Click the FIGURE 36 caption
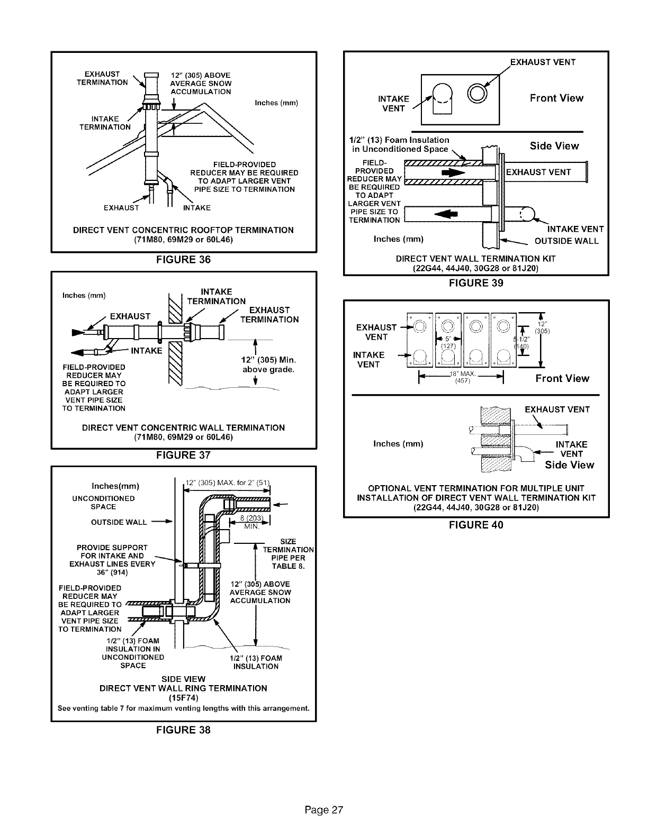pos(183,259)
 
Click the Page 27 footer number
pos(324,810)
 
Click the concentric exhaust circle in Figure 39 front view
pos(477,94)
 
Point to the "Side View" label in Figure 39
pos(554,146)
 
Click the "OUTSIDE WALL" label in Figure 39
pos(566,241)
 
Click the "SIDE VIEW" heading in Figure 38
pos(183,679)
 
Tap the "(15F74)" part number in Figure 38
pos(183,698)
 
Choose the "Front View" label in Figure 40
pos(562,378)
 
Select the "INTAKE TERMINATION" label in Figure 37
pos(209,297)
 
